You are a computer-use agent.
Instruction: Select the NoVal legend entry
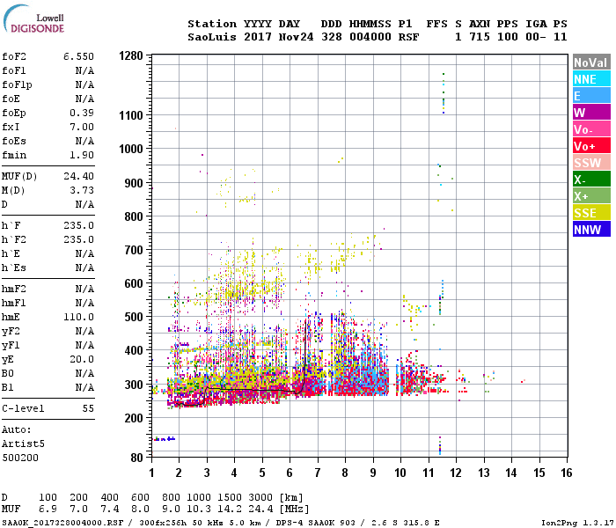coord(590,62)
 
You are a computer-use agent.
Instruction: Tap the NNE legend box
coord(590,79)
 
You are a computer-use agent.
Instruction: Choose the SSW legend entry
coord(590,163)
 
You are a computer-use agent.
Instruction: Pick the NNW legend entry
coord(590,230)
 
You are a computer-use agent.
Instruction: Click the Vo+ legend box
coord(590,146)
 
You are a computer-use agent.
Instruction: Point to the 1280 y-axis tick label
coord(130,55)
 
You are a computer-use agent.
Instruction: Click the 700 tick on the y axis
coord(134,250)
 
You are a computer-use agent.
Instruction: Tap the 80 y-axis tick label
coord(136,458)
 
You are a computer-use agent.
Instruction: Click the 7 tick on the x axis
coord(318,473)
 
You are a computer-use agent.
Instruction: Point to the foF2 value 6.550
coord(78,56)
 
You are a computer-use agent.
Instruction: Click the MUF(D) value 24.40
coord(78,176)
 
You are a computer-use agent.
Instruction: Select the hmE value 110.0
coord(78,317)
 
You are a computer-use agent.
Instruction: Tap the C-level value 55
coord(88,409)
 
